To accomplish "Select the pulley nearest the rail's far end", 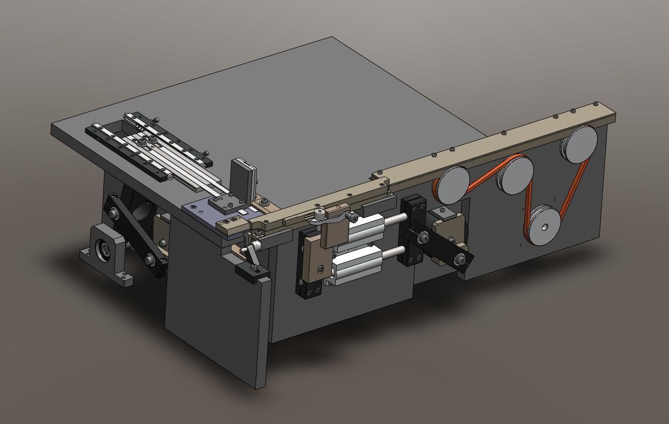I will pos(581,145).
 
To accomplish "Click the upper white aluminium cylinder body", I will pos(367,228).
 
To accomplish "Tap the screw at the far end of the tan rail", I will pos(596,103).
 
